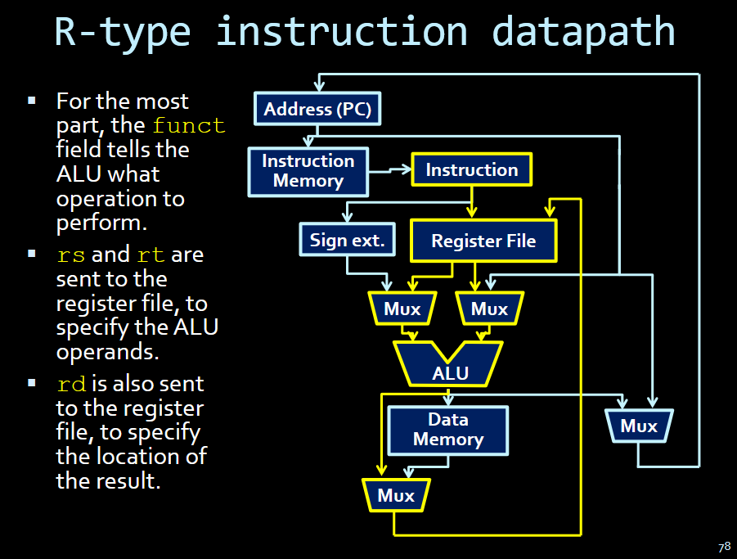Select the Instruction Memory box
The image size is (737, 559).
coord(308,171)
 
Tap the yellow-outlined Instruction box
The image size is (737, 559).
coord(471,170)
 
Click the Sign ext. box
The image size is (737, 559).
coord(347,241)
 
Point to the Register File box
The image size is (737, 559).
coord(483,241)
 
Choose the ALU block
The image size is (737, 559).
coord(450,365)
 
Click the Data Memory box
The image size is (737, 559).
coord(447,430)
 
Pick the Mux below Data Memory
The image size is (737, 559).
coord(396,495)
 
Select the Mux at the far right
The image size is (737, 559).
coord(638,426)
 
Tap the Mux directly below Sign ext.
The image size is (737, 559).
coord(402,309)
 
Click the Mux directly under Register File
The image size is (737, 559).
coord(489,309)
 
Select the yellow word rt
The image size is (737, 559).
coord(151,255)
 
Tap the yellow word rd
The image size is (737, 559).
coord(72,384)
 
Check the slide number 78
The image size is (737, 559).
coord(724,547)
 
